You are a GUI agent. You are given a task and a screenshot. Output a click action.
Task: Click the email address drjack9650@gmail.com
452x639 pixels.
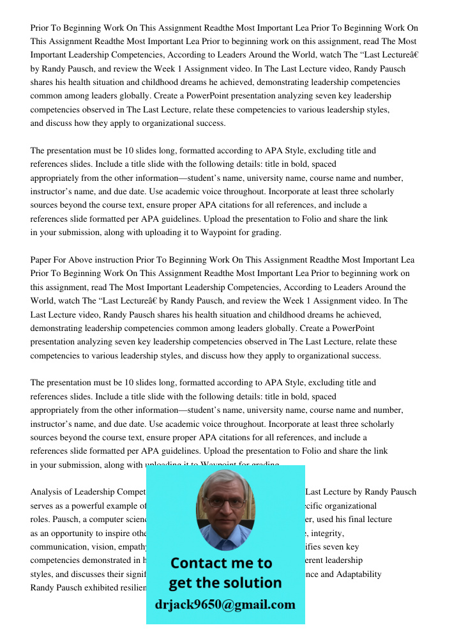click(225, 604)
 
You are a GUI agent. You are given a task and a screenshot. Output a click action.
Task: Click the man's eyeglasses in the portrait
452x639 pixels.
click(225, 502)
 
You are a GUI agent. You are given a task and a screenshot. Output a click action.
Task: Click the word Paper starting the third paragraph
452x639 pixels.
click(41, 260)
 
